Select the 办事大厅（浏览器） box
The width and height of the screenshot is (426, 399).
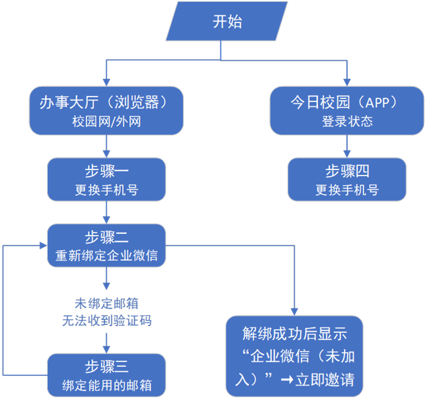(106, 110)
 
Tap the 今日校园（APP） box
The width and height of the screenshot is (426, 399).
(347, 110)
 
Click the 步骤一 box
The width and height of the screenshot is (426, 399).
(106, 179)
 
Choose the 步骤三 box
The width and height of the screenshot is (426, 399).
(106, 375)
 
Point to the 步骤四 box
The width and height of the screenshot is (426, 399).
(347, 179)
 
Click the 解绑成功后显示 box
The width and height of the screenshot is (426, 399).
(295, 356)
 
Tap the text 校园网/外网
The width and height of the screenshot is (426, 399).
(106, 121)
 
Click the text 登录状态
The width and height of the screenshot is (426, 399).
(347, 121)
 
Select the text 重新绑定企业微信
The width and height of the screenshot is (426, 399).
(106, 256)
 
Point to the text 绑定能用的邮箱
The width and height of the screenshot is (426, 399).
(106, 385)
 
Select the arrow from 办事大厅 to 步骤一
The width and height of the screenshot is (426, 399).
(107, 146)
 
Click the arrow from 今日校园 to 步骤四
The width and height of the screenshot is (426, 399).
(347, 146)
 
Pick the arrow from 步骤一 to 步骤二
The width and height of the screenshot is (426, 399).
(107, 212)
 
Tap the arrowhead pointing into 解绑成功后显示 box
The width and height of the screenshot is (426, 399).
(295, 310)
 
